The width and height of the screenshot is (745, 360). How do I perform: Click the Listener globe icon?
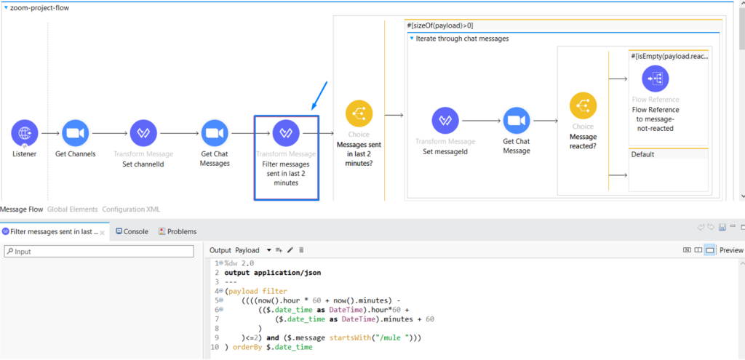[25, 134]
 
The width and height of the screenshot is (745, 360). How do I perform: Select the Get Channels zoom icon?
[75, 134]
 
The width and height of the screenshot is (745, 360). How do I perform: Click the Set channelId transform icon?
[143, 134]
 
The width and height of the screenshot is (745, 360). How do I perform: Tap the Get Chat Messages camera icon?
[215, 134]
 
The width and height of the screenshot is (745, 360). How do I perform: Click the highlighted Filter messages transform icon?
[285, 134]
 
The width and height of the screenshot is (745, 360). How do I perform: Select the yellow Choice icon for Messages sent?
[359, 113]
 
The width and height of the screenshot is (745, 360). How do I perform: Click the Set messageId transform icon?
[445, 121]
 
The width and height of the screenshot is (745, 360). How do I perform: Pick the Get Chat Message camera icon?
[517, 121]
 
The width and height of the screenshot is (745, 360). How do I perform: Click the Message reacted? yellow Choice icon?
[583, 105]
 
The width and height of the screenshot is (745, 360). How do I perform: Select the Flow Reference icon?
[655, 79]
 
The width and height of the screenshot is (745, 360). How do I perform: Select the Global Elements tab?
[72, 209]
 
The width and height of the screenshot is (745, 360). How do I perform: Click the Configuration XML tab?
[131, 209]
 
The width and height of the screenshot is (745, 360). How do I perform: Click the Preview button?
[731, 250]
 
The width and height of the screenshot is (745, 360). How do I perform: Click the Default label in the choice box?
[643, 154]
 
